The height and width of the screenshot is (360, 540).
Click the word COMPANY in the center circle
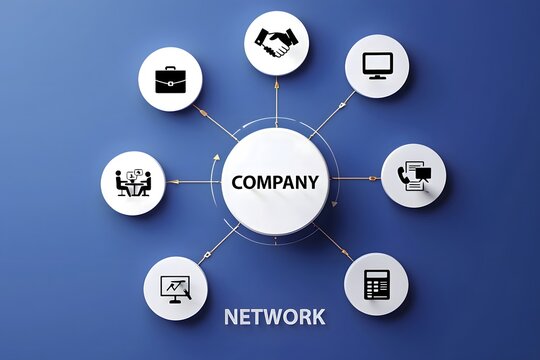coord(275,183)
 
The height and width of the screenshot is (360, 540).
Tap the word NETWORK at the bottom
coord(275,317)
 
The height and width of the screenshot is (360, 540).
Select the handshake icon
coord(277,42)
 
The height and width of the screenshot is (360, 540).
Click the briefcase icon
coord(170,79)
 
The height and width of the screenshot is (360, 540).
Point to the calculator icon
coord(377,284)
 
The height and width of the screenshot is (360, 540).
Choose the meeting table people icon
coord(133,183)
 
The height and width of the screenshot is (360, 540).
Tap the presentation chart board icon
coord(176,289)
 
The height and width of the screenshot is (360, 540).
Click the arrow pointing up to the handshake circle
coord(277,100)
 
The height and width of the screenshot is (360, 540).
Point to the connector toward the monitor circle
coord(334,112)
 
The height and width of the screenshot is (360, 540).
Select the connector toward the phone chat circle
coord(355,178)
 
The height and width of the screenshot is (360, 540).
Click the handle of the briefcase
coord(170,69)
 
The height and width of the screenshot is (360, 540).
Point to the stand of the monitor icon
coord(377,75)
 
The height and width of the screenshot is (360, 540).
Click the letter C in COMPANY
coord(237,183)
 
